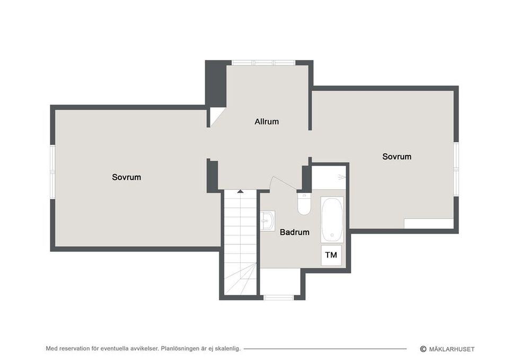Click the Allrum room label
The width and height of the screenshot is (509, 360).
267,122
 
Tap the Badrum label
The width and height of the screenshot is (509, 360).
294,232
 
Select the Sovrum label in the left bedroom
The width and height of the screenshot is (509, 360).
126,177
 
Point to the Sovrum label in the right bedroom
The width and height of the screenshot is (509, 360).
397,157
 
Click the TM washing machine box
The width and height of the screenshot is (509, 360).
331,255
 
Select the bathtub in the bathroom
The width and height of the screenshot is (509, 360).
332,219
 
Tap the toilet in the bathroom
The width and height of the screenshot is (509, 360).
304,204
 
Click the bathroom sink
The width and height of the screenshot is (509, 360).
267,221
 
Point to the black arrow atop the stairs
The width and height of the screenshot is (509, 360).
240,191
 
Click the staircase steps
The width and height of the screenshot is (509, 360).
240,242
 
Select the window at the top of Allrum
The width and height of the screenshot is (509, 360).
264,63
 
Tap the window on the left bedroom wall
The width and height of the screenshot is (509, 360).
52,171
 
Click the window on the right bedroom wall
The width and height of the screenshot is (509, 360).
456,169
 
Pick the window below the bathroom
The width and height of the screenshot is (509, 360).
279,297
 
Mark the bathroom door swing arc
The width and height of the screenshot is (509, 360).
284,182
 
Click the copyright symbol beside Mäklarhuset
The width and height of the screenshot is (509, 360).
423,349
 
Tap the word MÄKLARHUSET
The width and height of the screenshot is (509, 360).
452,349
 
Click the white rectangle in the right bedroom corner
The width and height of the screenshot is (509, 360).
428,224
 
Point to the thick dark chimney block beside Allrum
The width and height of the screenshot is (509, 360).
216,83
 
